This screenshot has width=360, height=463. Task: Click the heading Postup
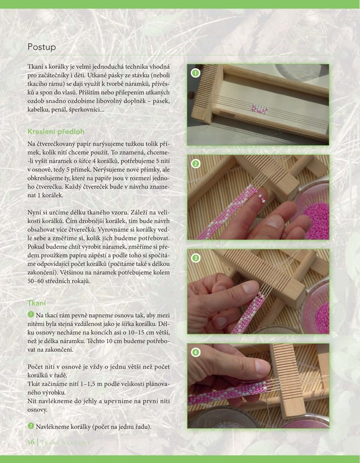(42, 47)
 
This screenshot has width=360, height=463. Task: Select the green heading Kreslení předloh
(56, 131)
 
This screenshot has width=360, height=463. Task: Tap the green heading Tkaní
(36, 303)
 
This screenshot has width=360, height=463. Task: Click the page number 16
(31, 442)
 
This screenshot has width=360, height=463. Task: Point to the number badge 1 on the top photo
(195, 73)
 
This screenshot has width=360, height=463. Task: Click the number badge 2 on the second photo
(195, 164)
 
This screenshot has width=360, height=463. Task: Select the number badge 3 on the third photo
(195, 258)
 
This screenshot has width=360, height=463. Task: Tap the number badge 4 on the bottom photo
(195, 352)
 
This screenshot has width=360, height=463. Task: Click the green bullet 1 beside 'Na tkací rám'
(31, 315)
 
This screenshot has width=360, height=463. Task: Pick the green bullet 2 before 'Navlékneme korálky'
(31, 426)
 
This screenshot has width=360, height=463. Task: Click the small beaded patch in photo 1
(260, 109)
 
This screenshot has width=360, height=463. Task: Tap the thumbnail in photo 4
(262, 366)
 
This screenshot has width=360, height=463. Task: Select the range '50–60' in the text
(35, 281)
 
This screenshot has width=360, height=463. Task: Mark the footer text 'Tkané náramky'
(65, 442)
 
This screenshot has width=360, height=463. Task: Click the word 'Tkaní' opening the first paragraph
(35, 67)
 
